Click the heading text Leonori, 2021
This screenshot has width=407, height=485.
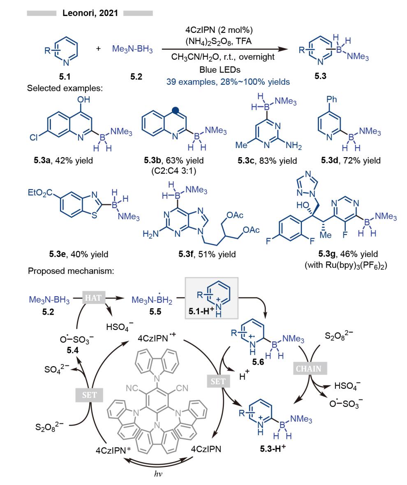pos(90,13)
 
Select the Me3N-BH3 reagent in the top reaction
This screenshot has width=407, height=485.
pos(132,50)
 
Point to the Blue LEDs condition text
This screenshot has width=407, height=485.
pos(222,70)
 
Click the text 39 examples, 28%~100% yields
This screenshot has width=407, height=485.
pos(228,81)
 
